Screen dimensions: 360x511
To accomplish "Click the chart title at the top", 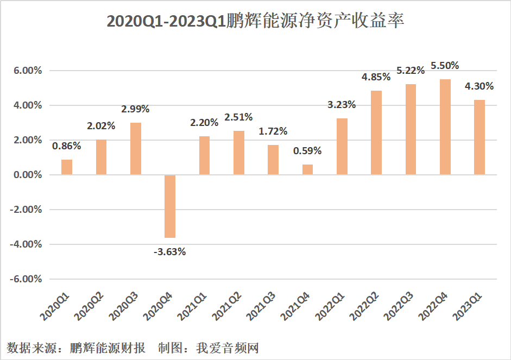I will (255, 21).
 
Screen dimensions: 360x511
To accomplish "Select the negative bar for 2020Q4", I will (170, 206).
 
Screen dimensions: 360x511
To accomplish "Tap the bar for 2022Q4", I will (445, 127).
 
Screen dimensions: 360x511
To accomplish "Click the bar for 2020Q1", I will (67, 167).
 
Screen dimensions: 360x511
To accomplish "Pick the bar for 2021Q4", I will (307, 169).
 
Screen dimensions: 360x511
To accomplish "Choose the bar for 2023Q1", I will (479, 137).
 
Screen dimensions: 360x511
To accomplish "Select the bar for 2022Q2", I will (376, 132).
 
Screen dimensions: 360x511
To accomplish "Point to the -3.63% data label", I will (170, 251).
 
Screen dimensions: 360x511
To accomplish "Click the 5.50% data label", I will (445, 66).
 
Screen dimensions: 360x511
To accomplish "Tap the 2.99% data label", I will (135, 109).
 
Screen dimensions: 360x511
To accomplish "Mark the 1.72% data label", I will (273, 131).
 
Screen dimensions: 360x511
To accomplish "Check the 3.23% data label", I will (342, 105).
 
